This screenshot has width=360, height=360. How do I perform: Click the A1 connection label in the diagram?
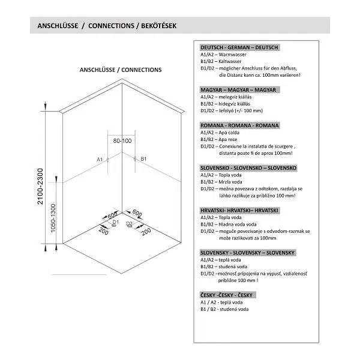pos(100,160)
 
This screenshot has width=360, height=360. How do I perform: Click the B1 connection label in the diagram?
pos(144,160)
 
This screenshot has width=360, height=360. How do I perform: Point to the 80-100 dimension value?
pos(122,140)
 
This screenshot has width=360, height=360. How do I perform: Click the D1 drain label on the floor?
pos(115,223)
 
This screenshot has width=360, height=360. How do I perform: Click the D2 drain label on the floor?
pos(129,223)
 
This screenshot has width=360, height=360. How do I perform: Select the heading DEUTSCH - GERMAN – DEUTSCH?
pos(241,47)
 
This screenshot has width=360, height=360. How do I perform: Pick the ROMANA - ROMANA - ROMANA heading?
pos(238,125)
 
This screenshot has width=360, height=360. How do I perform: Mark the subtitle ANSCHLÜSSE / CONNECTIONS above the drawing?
pos(121,70)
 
